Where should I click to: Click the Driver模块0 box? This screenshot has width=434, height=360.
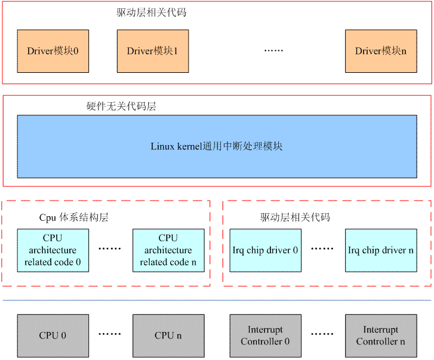pyautogui.click(x=53, y=51)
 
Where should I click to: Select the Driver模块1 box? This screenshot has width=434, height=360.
pyautogui.click(x=152, y=51)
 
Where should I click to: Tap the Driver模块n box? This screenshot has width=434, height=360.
pyautogui.click(x=380, y=51)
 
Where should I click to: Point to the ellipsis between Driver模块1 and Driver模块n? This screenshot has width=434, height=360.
pyautogui.click(x=273, y=51)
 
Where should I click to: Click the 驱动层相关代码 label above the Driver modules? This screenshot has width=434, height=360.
pyautogui.click(x=152, y=12)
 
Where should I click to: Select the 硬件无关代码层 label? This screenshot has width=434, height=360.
pyautogui.click(x=121, y=106)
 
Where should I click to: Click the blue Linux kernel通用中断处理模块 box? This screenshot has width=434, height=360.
pyautogui.click(x=217, y=146)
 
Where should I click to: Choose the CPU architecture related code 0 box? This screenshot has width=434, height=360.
pyautogui.click(x=53, y=250)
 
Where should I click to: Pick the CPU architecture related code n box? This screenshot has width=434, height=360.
pyautogui.click(x=168, y=250)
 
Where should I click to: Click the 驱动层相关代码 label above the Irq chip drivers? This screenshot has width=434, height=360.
pyautogui.click(x=295, y=217)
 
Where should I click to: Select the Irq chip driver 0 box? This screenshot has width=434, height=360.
pyautogui.click(x=265, y=250)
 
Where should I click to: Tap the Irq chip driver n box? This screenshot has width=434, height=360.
pyautogui.click(x=380, y=250)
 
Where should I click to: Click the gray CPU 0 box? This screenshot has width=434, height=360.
pyautogui.click(x=53, y=336)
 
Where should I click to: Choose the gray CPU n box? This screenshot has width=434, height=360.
pyautogui.click(x=168, y=336)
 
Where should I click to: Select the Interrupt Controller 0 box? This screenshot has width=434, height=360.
pyautogui.click(x=265, y=336)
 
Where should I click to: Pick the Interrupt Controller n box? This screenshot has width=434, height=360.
pyautogui.click(x=380, y=336)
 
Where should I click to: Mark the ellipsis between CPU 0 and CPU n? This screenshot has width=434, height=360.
pyautogui.click(x=110, y=336)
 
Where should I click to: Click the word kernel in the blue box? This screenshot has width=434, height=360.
pyautogui.click(x=191, y=146)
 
